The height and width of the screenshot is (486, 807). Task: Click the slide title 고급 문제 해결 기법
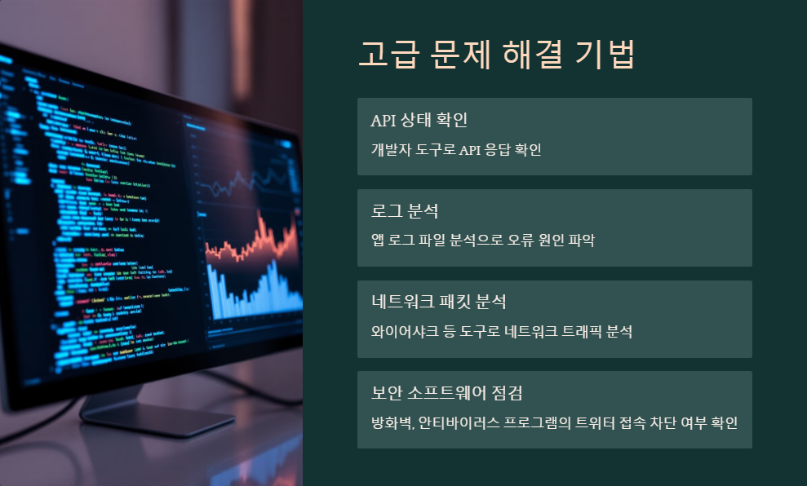coord(496,55)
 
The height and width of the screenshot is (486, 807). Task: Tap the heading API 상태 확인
coord(419,121)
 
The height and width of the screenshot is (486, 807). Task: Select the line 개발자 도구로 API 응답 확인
coord(456,150)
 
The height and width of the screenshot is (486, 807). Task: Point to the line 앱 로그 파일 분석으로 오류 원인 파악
coord(483,241)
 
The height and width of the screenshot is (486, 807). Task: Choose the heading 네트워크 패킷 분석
coord(439,303)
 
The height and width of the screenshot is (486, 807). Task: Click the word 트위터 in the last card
coord(593,423)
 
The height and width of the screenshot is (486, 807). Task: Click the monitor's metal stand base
coord(147,420)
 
